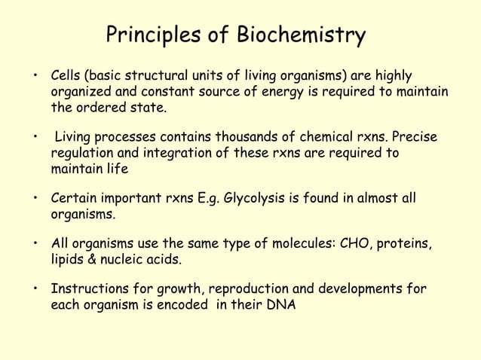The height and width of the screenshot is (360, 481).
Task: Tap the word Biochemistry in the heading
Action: coord(302,35)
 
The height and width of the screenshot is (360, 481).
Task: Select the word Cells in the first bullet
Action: coord(65,76)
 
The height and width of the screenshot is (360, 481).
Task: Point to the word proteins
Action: coord(404,245)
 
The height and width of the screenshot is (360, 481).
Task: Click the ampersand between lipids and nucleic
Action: coord(91,261)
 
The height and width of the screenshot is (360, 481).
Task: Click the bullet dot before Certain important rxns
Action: coord(35,199)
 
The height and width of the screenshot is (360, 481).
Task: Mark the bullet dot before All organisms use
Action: coord(35,245)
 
